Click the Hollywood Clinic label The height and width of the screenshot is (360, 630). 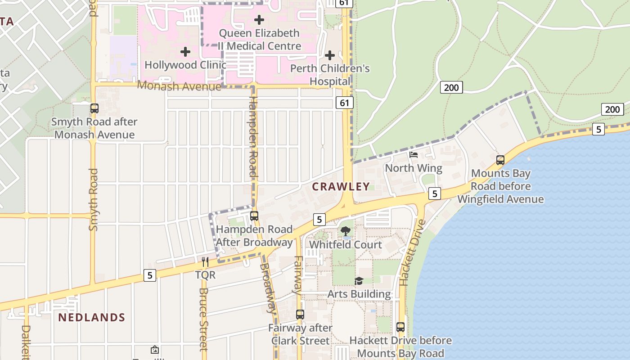tap(185, 65)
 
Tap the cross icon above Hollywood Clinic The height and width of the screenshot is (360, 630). tap(185, 52)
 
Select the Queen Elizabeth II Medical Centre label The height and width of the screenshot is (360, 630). tap(259, 40)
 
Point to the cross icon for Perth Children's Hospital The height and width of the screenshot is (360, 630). tap(330, 55)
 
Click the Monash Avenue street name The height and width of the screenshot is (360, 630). tap(179, 86)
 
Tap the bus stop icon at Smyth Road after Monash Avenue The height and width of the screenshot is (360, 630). tap(94, 108)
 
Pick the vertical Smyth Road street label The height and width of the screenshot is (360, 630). tap(93, 200)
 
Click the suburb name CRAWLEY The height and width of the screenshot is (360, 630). tap(341, 187)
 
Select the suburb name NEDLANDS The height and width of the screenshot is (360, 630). tap(92, 318)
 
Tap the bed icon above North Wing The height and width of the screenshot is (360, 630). tap(414, 155)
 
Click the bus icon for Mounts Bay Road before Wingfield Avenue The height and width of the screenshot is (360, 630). tap(500, 160)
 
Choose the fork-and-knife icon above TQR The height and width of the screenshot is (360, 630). tap(205, 261)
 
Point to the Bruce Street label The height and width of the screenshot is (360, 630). tap(204, 319)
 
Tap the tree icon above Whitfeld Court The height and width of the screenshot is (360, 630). tap(346, 231)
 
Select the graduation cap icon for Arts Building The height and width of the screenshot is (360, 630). tap(359, 281)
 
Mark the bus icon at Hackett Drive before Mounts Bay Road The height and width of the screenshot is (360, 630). tap(400, 327)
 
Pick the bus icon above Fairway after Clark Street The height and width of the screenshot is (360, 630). tap(300, 315)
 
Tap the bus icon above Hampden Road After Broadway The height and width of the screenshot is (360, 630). tap(254, 216)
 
